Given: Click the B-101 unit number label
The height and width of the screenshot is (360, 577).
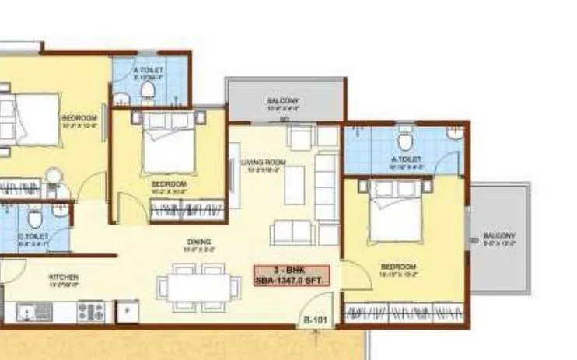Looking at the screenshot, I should click(x=313, y=320).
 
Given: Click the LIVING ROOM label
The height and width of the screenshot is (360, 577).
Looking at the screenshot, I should click(x=264, y=163).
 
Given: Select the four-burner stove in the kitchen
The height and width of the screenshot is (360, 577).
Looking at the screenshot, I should click(x=91, y=312).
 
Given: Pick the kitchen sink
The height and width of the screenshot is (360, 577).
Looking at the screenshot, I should click(x=35, y=312).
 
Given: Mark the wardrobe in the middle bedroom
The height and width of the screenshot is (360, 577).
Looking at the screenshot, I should click(x=187, y=209).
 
